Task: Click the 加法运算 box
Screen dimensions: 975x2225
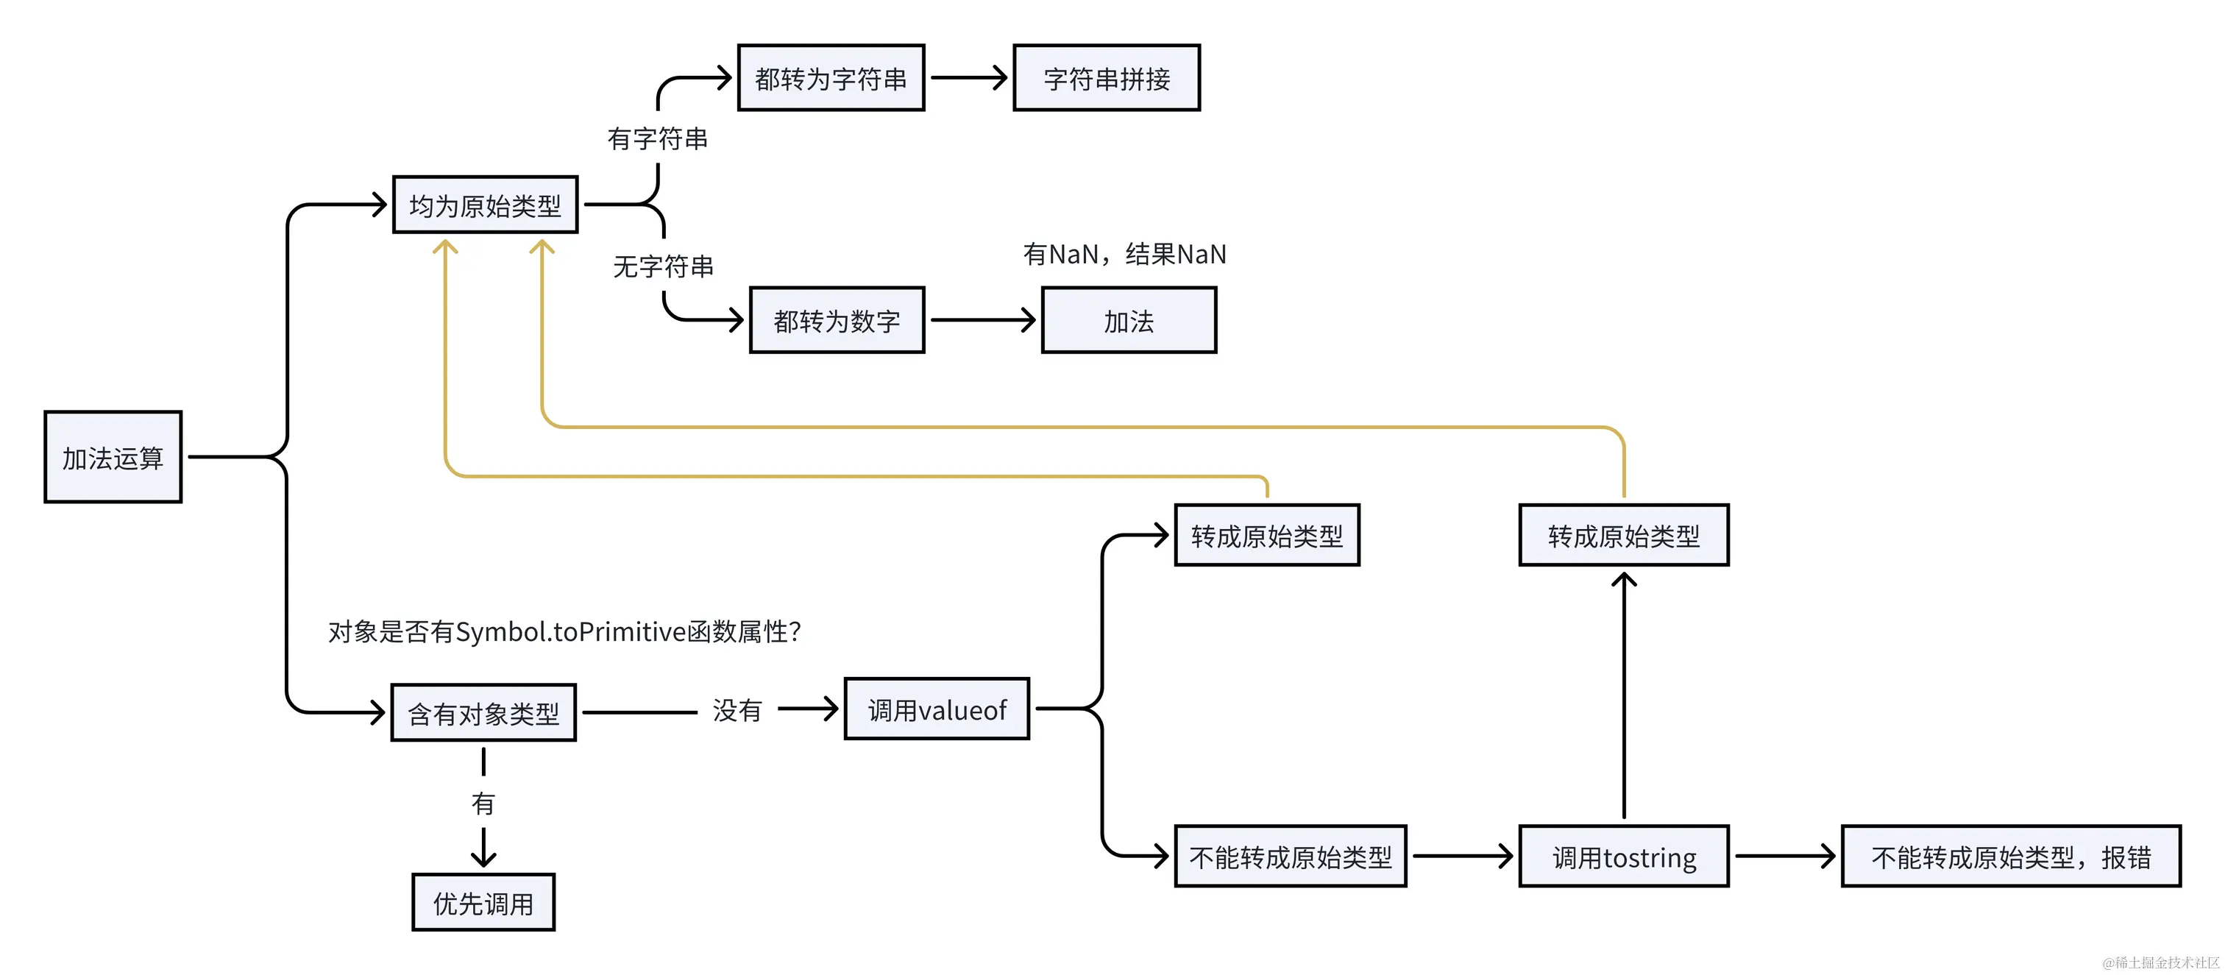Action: [113, 457]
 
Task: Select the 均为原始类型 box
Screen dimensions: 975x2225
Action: [485, 205]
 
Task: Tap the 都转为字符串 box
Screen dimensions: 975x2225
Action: [830, 78]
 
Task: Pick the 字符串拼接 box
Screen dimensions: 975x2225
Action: [1106, 78]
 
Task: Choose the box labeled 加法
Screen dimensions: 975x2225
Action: [1128, 320]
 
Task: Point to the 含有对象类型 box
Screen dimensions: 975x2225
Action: [483, 712]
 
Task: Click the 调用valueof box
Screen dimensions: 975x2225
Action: [937, 709]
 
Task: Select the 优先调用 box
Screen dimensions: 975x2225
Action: [483, 902]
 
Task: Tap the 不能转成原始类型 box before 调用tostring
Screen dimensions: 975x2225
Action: [1290, 856]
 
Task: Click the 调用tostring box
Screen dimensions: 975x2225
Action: [1623, 856]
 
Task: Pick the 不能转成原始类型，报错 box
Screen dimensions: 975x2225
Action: [2010, 856]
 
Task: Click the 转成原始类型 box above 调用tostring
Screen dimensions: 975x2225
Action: [1623, 536]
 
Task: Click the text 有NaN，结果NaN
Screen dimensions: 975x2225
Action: [1124, 254]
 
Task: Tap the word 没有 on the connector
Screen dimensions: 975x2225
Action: [737, 710]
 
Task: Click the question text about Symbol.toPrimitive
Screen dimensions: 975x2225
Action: [564, 631]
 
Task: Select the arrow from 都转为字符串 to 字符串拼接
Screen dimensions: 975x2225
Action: [968, 78]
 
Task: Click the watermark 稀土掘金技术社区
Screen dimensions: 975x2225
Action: [2160, 962]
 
